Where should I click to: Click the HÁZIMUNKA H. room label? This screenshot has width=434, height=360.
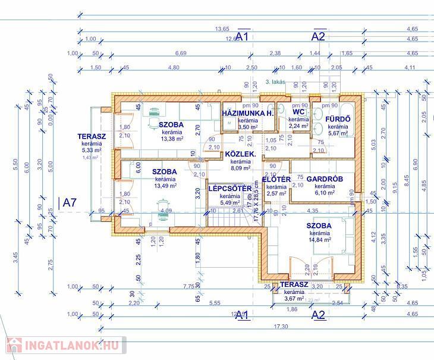(x=247, y=113)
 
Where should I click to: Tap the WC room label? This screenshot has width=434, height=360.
(x=298, y=111)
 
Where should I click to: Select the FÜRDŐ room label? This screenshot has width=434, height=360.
(x=337, y=118)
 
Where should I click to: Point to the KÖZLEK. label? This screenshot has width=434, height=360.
(x=240, y=154)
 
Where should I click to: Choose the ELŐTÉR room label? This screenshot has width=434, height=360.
(x=276, y=179)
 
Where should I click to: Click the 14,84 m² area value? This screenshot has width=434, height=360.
(x=319, y=240)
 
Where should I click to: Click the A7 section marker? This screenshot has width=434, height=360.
(x=70, y=202)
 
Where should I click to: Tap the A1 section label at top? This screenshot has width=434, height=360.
(x=241, y=37)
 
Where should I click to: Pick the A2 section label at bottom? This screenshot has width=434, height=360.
(x=319, y=315)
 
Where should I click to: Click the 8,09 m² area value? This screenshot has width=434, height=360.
(x=240, y=168)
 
